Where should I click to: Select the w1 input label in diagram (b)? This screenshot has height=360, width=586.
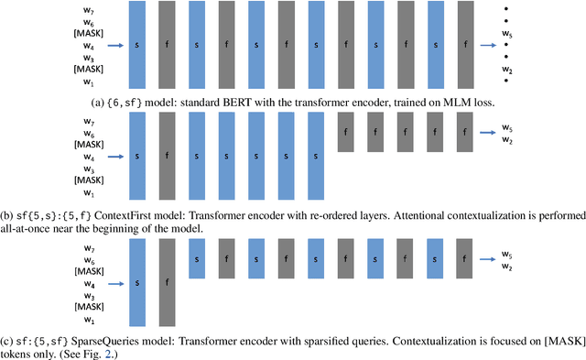pos(89,193)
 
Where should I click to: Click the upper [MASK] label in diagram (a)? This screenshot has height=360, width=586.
pos(87,31)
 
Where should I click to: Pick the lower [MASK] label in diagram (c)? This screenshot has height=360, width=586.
pos(87,308)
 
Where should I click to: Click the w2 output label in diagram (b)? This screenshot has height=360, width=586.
pos(506,140)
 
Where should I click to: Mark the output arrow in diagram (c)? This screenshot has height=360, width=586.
pos(485,258)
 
